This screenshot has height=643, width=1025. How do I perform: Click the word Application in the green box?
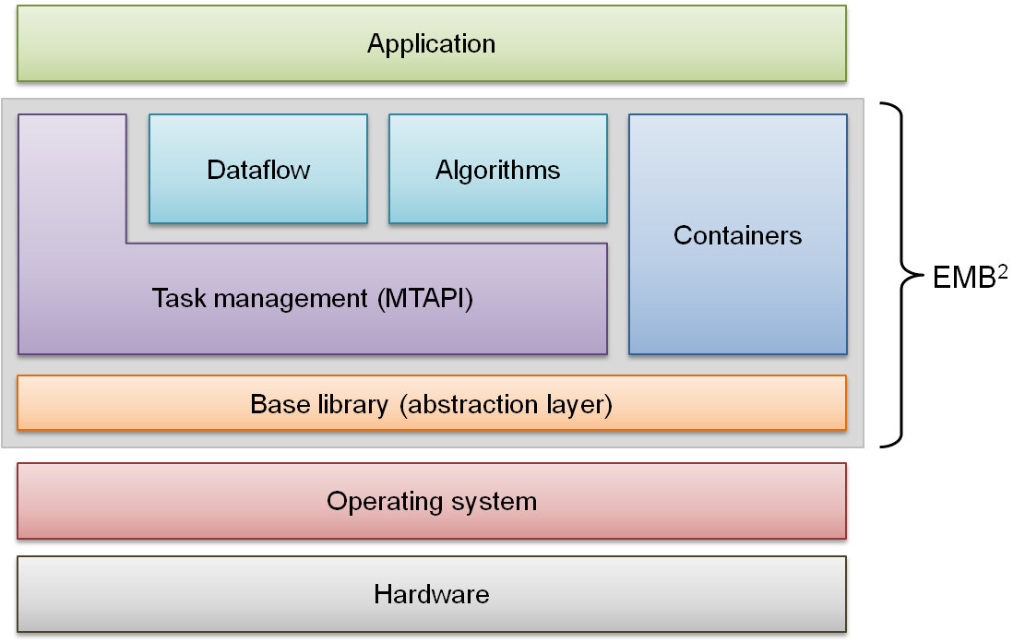coord(431,43)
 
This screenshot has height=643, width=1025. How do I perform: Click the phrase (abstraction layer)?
coord(507,404)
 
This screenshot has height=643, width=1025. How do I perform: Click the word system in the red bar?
coord(494,501)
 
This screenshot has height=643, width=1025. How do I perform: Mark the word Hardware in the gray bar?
coord(431,594)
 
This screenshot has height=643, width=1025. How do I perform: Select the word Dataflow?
coord(258,171)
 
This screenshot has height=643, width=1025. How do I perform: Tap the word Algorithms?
coord(498,171)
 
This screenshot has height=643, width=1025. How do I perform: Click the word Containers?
coord(738,235)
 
